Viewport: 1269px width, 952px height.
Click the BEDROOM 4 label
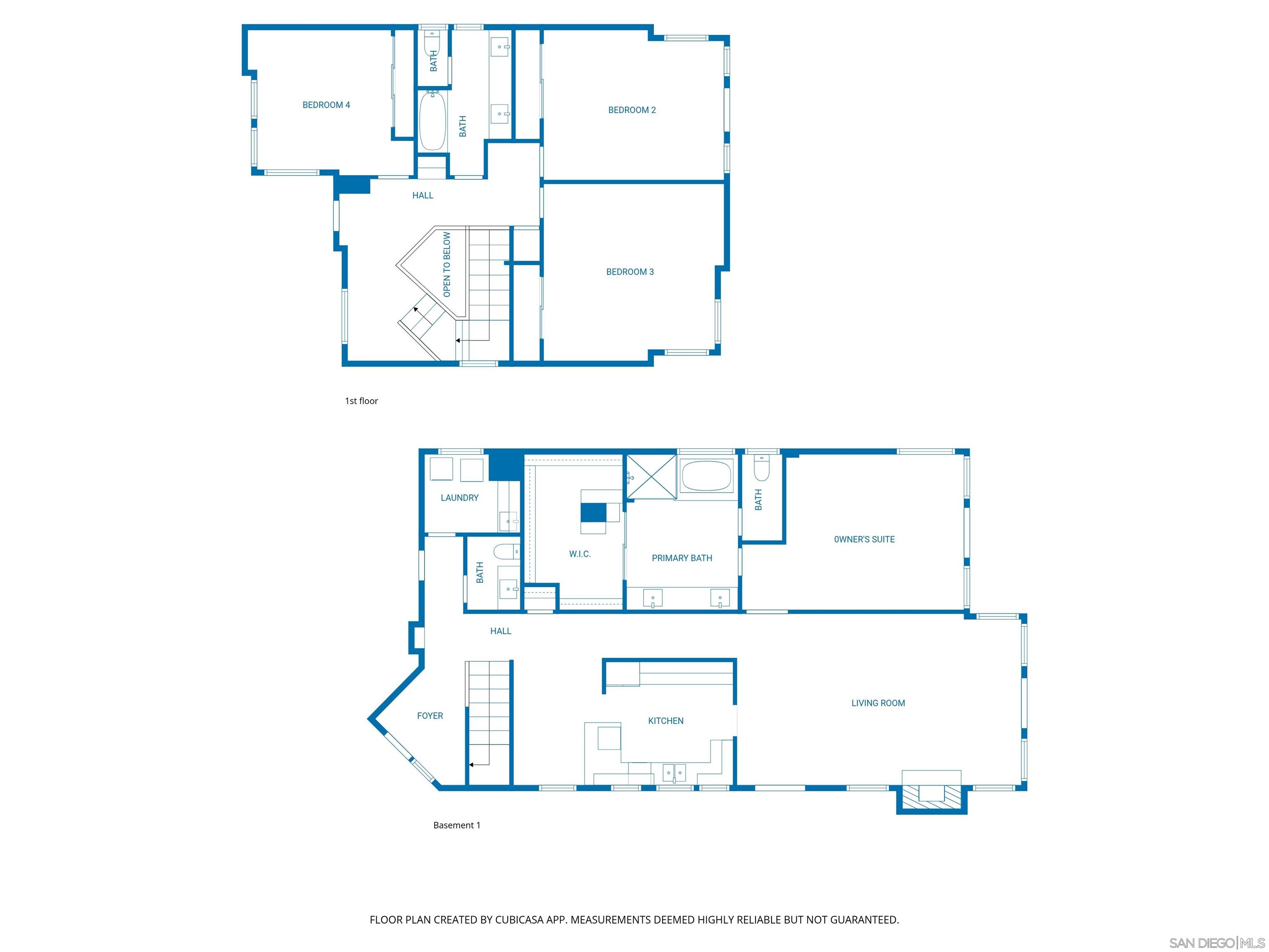pos(326,105)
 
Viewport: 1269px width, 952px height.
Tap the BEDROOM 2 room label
pos(632,110)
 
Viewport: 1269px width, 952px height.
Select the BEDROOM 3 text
pos(630,272)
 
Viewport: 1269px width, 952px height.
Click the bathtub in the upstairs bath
pos(433,121)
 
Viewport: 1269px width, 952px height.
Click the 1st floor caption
pos(361,401)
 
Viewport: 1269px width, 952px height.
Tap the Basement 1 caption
pos(456,825)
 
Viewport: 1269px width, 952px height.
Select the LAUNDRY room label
pos(459,498)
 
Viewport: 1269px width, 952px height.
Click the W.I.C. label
pos(580,554)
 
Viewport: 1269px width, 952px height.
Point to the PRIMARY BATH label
pos(682,558)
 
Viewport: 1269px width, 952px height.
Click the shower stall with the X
pos(651,476)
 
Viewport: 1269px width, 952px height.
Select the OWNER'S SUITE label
pos(864,539)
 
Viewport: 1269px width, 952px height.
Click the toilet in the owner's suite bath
pos(761,468)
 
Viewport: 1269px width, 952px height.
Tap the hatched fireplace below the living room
pos(931,797)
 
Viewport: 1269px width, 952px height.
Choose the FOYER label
pos(430,716)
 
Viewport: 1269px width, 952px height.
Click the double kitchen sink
pos(674,773)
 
